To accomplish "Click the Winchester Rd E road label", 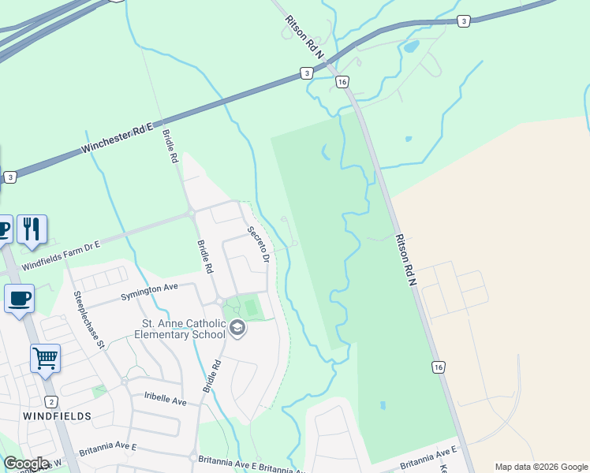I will tap(122, 136).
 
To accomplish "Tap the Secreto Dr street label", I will tap(258, 245).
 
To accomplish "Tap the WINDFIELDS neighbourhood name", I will tap(57, 415).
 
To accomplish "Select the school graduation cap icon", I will tap(237, 328).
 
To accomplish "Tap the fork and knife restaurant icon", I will tap(32, 229).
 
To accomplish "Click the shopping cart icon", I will tap(45, 358).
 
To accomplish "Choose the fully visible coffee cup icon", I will tap(19, 299).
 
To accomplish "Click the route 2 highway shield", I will tap(51, 401).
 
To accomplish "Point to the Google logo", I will tap(26, 464).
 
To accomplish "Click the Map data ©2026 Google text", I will tap(541, 467).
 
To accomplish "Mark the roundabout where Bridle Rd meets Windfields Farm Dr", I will tap(191, 213).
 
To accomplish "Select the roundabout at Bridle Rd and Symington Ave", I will tap(219, 301).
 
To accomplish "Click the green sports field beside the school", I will tap(251, 307).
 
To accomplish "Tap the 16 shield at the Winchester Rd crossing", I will tap(342, 82).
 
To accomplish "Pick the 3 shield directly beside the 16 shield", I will tap(306, 73).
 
